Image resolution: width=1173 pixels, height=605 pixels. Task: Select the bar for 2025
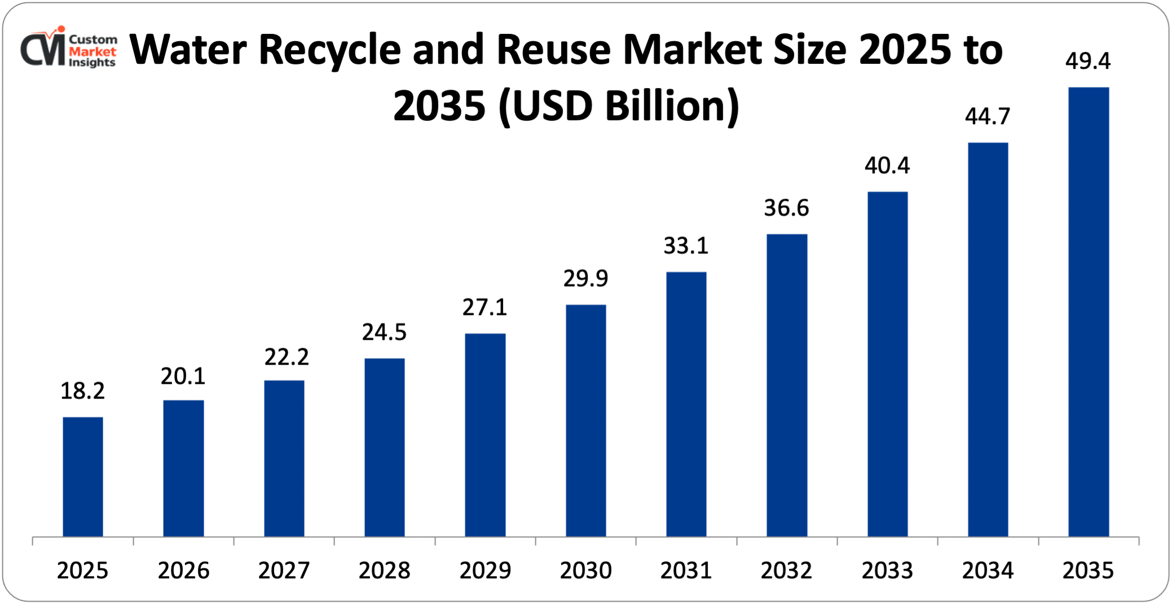pos(83,477)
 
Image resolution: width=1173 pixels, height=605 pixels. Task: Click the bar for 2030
pos(586,420)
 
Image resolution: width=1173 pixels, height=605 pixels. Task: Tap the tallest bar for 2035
pos(1088,312)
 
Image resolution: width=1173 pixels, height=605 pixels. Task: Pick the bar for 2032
pos(787,385)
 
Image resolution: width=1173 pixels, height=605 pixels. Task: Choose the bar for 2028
pos(385,447)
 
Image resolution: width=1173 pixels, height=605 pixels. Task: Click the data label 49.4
pos(1088,61)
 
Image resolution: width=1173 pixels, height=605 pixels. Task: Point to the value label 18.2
pos(82,391)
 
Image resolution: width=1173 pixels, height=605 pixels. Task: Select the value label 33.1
pos(686,245)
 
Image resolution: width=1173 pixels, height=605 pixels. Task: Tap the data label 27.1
pos(485,307)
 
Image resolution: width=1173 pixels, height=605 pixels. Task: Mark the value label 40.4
pos(887,165)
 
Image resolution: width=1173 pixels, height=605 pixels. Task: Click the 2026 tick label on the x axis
pos(183,571)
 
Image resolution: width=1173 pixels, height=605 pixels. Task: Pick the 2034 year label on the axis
pos(987,571)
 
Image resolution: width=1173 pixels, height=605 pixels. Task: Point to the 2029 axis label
pos(485,571)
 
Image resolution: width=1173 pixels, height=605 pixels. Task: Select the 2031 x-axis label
pos(686,571)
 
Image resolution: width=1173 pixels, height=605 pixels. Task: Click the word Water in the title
pos(188,50)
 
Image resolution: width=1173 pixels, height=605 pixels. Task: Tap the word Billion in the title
pos(672,106)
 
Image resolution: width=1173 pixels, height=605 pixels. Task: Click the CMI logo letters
pos(43,50)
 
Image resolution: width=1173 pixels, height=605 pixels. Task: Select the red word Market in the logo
pos(92,51)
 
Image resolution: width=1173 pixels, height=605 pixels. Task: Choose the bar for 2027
pos(284,458)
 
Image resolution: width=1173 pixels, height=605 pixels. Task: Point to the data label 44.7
pos(987,116)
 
